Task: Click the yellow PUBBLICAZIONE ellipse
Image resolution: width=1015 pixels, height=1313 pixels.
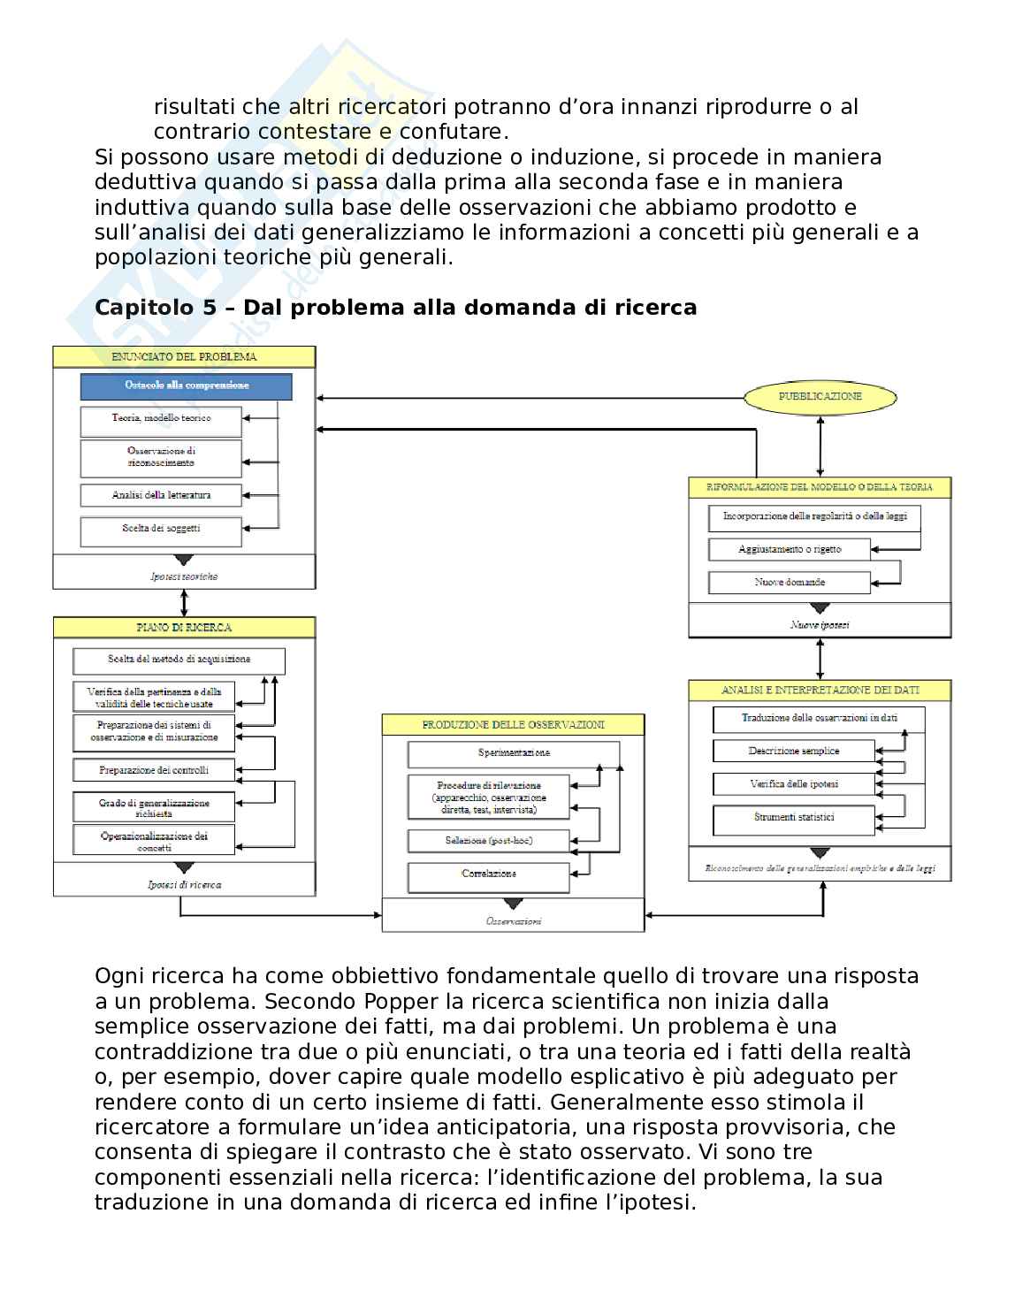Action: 820,397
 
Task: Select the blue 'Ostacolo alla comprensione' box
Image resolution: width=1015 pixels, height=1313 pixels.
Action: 186,386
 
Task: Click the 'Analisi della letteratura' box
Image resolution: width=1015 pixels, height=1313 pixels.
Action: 161,495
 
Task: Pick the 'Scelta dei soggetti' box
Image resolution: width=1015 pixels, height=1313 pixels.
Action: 161,530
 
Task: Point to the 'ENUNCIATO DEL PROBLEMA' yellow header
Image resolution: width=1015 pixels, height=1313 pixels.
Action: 184,357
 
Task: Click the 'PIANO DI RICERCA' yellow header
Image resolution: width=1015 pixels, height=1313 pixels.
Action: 184,628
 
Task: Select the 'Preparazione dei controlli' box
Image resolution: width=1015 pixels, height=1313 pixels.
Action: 154,770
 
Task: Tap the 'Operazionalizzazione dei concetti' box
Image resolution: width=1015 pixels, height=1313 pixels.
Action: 154,840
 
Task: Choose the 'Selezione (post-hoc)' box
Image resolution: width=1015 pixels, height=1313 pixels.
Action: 488,840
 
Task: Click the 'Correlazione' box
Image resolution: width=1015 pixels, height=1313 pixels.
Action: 488,874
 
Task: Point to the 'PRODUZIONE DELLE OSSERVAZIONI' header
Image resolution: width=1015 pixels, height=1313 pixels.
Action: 513,725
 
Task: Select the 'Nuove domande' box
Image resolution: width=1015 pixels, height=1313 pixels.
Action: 790,583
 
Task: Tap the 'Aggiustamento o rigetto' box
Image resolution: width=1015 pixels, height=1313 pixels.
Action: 790,550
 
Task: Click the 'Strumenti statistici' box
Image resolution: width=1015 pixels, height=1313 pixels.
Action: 793,818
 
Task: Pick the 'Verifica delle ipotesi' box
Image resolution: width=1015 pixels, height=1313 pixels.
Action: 793,784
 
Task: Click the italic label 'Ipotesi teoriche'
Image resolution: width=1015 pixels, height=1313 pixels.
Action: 184,576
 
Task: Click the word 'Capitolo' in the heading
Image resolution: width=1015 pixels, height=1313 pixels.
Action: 137,308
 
